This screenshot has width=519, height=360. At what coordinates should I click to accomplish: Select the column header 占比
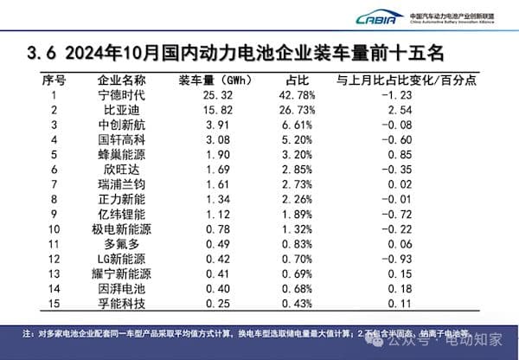click(x=289, y=80)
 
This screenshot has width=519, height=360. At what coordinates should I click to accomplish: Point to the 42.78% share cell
click(x=289, y=95)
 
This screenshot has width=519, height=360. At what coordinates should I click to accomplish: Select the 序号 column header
click(x=54, y=80)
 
